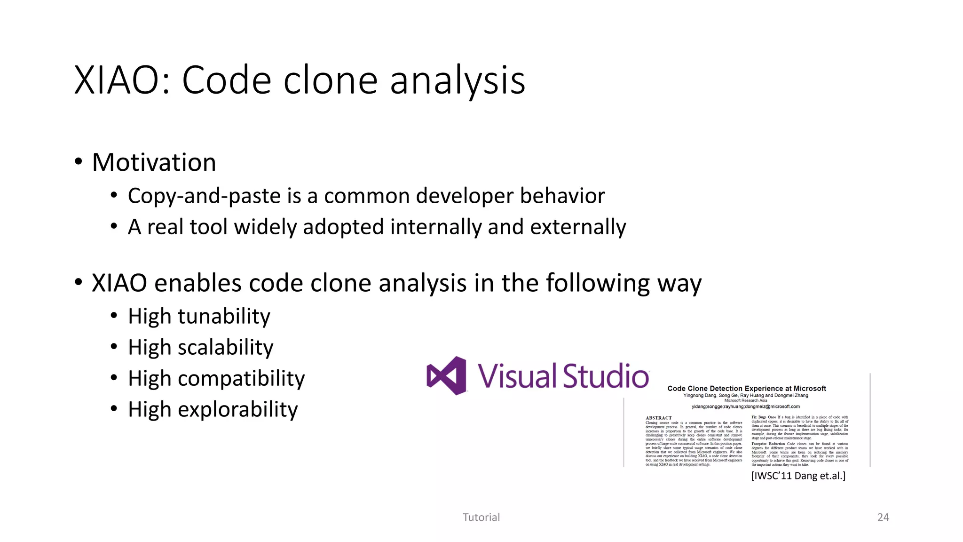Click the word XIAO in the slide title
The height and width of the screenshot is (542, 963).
(x=121, y=80)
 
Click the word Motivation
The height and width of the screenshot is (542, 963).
(x=154, y=162)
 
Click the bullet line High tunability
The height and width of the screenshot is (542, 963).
(x=199, y=316)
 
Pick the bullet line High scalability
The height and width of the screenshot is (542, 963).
(x=200, y=347)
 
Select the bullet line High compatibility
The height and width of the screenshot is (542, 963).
(x=216, y=378)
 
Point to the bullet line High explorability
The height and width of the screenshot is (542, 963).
(x=213, y=409)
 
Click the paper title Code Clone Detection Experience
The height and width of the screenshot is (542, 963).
(x=746, y=388)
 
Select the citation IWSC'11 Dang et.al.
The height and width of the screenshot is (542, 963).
(x=798, y=476)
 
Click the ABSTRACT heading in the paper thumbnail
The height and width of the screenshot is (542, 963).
(x=658, y=418)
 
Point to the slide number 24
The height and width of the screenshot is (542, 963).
(x=883, y=517)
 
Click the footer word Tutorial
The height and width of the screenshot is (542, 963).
(x=481, y=517)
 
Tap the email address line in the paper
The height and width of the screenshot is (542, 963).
(x=745, y=406)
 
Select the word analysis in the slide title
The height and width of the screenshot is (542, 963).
(x=457, y=80)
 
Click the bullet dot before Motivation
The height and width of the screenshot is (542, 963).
(x=79, y=162)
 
